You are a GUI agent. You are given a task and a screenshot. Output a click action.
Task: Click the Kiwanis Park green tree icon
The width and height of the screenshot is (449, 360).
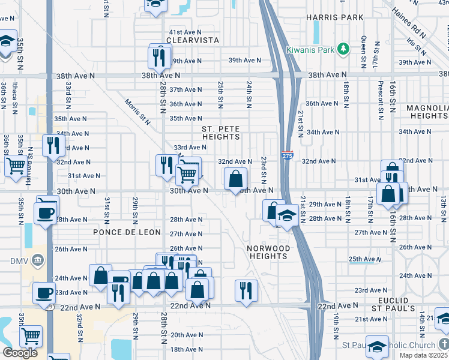pyautogui.click(x=343, y=49)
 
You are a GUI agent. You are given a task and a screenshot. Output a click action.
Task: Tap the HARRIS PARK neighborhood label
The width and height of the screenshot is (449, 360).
pyautogui.click(x=334, y=17)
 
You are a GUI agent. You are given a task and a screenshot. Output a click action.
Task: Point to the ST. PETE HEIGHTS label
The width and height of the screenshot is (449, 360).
pyautogui.click(x=220, y=133)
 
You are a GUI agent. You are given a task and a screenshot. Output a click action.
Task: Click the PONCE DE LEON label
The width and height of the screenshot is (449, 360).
pyautogui.click(x=127, y=232)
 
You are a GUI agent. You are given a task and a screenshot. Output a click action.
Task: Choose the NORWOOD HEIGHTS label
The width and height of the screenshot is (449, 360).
pyautogui.click(x=268, y=252)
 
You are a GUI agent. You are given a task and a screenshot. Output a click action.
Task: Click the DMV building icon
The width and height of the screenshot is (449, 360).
pyautogui.click(x=38, y=260)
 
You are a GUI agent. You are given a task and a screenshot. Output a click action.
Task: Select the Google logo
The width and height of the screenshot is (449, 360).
pyautogui.click(x=20, y=353)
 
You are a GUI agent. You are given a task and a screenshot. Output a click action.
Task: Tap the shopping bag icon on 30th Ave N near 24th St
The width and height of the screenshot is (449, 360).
pyautogui.click(x=236, y=178)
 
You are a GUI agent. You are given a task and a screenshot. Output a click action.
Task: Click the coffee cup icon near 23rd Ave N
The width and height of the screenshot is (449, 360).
pyautogui.click(x=44, y=292)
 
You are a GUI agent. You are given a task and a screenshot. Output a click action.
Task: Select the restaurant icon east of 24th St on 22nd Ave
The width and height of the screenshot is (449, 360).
pyautogui.click(x=246, y=290)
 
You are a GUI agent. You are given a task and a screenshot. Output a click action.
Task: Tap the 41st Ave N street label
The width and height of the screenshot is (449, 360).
pyautogui.click(x=185, y=32)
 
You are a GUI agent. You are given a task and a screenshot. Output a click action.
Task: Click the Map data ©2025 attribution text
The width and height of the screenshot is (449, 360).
pyautogui.click(x=424, y=355)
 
